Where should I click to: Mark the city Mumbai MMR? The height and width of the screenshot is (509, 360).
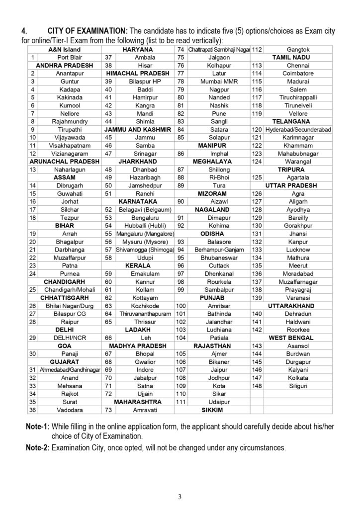(212, 81)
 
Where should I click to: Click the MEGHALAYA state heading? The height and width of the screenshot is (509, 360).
(212, 161)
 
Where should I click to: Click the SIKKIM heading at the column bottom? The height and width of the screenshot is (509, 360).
(212, 410)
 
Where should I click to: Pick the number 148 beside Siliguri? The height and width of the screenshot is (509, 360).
(257, 385)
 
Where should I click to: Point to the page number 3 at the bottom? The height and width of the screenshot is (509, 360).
(180, 496)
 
